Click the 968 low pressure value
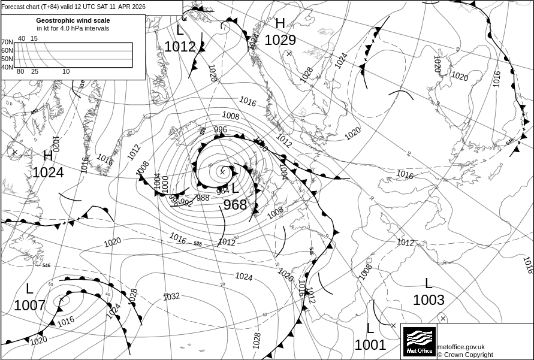tap(235, 205)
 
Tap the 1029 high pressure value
tap(280, 40)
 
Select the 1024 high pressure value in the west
tap(48, 173)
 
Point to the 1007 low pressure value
tap(29, 305)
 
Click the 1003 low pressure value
tap(429, 300)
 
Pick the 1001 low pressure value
tap(370, 345)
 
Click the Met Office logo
tap(419, 341)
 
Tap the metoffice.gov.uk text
tap(461, 347)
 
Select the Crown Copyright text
tap(465, 355)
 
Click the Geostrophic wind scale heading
tap(73, 20)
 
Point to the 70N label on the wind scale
tap(7, 43)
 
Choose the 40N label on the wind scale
tap(7, 67)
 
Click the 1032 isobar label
tap(171, 296)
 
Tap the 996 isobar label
tap(221, 129)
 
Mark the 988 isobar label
tap(203, 198)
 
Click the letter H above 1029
tap(280, 24)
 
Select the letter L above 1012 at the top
tap(180, 31)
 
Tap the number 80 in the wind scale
tap(20, 72)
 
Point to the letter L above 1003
tap(429, 283)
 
